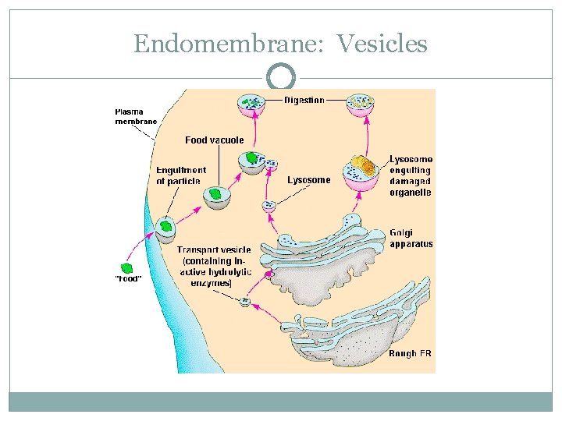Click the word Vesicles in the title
click(x=382, y=43)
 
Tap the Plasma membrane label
click(x=136, y=116)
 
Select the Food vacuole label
click(x=214, y=140)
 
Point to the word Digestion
click(x=304, y=101)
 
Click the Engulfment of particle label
click(x=180, y=175)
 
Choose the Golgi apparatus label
click(x=411, y=238)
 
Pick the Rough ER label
click(x=410, y=353)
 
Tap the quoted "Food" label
click(x=128, y=279)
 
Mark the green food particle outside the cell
click(x=126, y=267)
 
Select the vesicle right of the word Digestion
click(x=360, y=104)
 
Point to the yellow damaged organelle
click(x=361, y=165)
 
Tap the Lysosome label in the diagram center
click(x=308, y=180)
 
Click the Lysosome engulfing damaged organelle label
click(x=410, y=176)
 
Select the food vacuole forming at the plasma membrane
click(x=165, y=227)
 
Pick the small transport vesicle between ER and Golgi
click(x=246, y=302)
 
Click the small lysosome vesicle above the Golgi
click(x=269, y=206)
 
